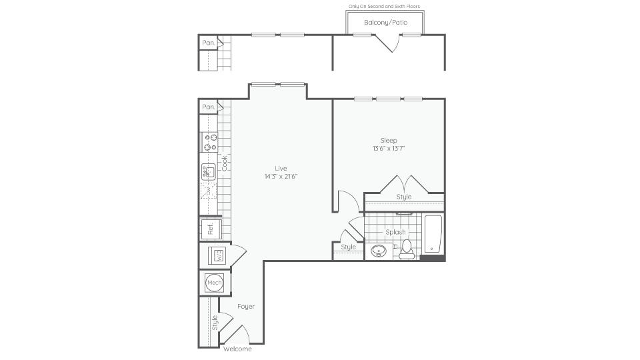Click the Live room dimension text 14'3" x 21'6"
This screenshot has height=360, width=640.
281,176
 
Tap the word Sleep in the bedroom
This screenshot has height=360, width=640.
389,140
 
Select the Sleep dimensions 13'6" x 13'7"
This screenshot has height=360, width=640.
389,148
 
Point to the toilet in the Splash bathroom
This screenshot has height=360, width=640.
407,249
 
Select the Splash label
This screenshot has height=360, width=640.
395,232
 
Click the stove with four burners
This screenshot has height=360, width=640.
209,142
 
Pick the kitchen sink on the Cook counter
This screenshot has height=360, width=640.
209,172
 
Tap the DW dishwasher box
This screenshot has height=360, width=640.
209,191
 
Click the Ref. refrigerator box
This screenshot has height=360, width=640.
210,229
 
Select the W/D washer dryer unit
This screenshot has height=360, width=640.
217,255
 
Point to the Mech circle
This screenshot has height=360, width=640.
214,283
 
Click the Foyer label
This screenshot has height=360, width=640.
246,307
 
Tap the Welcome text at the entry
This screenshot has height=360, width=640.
237,349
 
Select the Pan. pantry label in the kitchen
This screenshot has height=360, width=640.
208,107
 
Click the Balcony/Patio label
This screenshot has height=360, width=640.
386,23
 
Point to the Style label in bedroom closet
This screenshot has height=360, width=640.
404,197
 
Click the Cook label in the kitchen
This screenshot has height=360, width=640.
225,163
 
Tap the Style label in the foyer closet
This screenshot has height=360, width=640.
215,323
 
